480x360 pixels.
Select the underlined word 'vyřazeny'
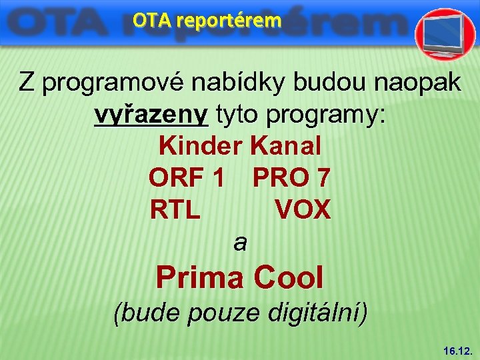click(151, 115)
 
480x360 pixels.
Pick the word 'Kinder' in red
click(201, 146)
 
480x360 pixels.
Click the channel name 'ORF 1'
click(186, 178)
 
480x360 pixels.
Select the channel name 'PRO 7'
click(291, 178)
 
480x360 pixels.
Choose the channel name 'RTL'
click(175, 211)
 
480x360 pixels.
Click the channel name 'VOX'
click(302, 211)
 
